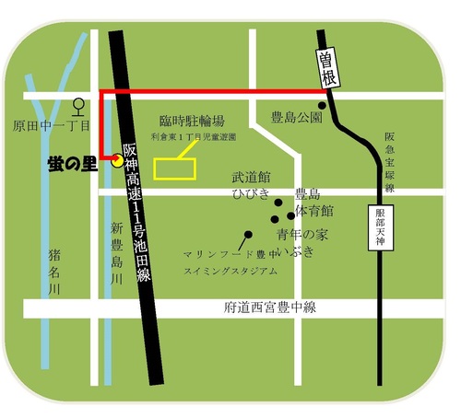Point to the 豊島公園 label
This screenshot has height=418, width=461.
pos(296,118)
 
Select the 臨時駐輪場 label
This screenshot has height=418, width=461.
pos(192,121)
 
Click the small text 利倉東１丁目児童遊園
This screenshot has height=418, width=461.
pos(194,136)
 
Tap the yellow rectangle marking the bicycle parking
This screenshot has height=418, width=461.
pos(175,167)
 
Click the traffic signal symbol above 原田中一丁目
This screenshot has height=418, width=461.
pos(80,104)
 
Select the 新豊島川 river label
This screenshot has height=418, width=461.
pos(117,253)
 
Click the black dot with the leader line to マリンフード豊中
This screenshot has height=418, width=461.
pos(247,234)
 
